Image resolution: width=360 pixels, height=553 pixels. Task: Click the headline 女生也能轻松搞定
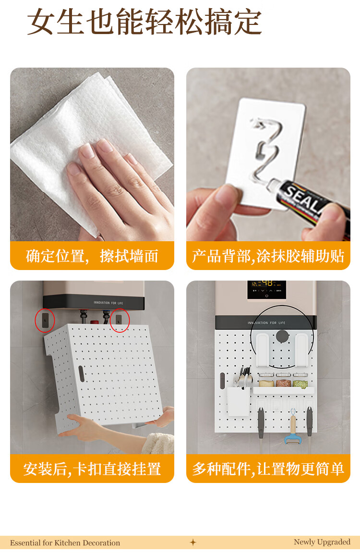pos(144,22)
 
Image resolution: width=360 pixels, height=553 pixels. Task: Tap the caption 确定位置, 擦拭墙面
pos(92,256)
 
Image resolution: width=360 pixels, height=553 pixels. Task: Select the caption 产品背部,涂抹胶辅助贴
pos(268,256)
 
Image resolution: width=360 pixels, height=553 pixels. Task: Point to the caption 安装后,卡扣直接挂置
pos(92,469)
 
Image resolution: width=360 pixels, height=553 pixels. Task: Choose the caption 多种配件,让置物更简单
pos(268,469)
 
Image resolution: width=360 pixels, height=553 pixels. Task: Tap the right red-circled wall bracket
pos(119,319)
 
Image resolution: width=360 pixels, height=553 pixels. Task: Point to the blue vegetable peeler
pos(292,428)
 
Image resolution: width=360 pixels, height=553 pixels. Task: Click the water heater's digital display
pos(266,289)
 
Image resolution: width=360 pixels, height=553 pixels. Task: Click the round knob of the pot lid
pos(282,336)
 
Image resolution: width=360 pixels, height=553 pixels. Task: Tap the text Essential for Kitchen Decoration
pos(65,543)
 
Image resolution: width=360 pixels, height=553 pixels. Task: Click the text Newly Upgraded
pos(322,542)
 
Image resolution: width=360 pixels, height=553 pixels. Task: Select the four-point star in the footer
pos(193,542)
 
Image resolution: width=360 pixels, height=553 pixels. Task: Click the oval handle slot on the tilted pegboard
pos(81,374)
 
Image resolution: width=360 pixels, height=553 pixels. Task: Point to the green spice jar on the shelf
pos(300,383)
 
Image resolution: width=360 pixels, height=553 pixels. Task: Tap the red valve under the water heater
pos(95,322)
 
